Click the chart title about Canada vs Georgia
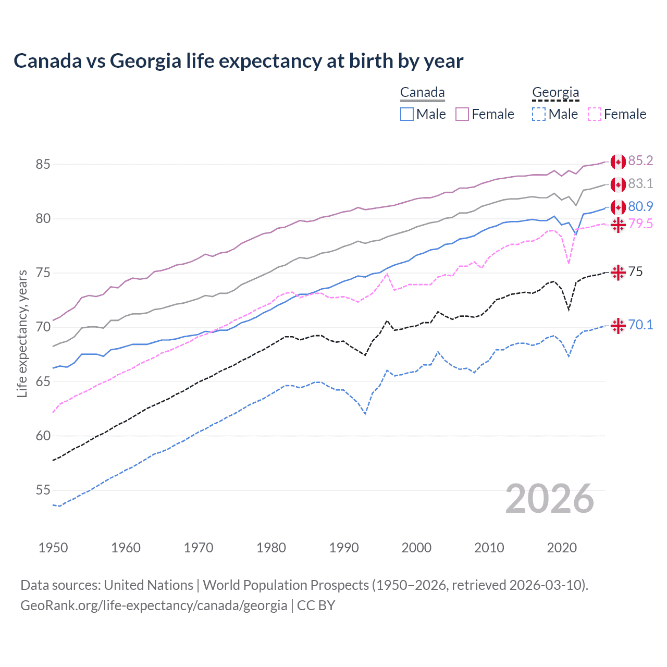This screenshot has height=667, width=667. coord(238,61)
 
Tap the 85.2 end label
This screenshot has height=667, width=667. coord(640,160)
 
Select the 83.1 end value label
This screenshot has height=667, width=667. coord(640,183)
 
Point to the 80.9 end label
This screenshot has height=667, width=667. coord(640,206)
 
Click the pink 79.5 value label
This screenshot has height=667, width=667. coord(640,224)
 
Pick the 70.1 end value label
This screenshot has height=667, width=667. coord(640,325)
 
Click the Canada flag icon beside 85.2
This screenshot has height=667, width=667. coord(618,162)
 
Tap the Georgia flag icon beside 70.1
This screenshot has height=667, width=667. coord(618,326)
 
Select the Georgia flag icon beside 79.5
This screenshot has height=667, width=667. coord(618,225)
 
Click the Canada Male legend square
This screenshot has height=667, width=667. coord(407,114)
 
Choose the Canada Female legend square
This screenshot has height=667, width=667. coord(462,114)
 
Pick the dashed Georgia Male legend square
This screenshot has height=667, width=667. coord(539,114)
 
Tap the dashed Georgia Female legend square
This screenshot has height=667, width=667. coord(595,114)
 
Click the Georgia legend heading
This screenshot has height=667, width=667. coord(555,93)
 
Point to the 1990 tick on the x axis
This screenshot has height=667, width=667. coord(344,548)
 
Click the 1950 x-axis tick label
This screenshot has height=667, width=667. coord(53,548)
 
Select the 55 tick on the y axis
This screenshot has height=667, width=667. coord(43,490)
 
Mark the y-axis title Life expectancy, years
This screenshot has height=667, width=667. coord(22,333)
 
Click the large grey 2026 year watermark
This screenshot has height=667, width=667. coord(550,499)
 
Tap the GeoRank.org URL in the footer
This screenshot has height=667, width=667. coord(154,606)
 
